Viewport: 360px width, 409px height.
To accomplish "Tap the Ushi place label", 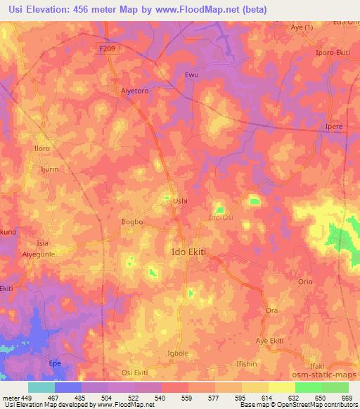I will tap(181, 201).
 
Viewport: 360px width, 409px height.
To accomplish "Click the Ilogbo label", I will tap(133, 222).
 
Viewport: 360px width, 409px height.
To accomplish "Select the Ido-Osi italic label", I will tap(223, 218).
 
